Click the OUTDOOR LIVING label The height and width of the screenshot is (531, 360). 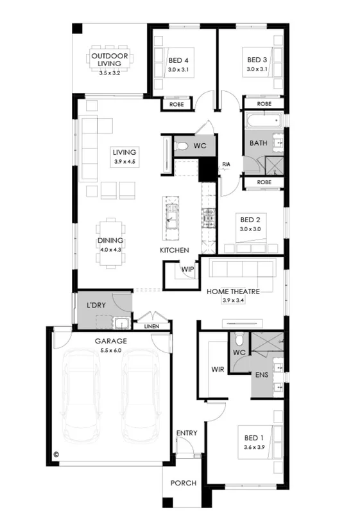tap(110, 60)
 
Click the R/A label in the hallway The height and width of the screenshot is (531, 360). tap(226, 165)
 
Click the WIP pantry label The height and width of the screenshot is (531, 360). tap(187, 269)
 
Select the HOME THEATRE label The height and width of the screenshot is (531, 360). tap(232, 292)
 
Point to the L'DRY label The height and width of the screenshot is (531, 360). tap(96, 305)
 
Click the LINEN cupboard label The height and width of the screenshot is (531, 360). tap(152, 326)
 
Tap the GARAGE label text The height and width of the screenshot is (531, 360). tap(111, 342)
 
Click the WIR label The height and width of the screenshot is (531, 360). tap(217, 370)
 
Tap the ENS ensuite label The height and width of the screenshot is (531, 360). tap(261, 374)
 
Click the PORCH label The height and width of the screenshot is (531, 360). tap(184, 483)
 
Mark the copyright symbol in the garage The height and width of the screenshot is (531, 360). tap(56, 454)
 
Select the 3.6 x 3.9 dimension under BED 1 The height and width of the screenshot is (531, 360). tap(254, 447)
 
